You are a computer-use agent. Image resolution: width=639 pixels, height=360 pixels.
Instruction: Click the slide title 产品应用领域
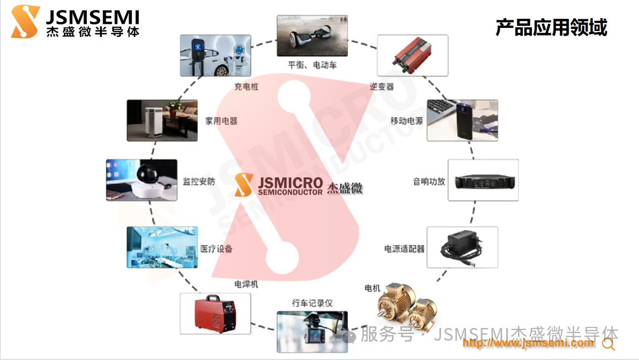pos(551,27)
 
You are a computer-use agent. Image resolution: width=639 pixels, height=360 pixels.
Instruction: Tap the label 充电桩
pos(247,86)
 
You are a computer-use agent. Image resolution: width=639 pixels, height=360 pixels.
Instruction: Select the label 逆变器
pos(382,86)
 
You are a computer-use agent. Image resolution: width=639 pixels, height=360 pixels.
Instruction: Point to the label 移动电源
pos(407,121)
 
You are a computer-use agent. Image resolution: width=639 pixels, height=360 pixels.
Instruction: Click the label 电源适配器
pos(404,249)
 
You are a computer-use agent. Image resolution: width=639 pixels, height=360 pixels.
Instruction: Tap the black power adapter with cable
pos(461,247)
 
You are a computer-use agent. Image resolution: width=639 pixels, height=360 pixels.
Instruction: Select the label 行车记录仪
pos(312,303)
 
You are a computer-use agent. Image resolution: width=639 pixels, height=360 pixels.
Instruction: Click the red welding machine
pos(215,313)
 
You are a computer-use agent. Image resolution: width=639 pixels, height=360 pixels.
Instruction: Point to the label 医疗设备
pos(216,249)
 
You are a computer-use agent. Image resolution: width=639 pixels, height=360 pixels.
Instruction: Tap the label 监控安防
pos(199,181)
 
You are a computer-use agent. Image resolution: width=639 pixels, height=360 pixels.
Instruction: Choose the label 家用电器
pos(221,121)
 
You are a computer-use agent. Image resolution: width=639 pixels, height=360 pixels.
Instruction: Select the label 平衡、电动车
pos(312,65)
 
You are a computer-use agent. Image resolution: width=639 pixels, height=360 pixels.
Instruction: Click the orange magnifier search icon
pos(608,344)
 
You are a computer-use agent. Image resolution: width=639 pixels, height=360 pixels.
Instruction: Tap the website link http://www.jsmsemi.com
pos(528,343)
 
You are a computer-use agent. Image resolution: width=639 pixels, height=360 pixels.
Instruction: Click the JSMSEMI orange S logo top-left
pos(25,21)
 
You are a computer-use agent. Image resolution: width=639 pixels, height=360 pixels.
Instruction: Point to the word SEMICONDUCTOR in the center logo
pos(290,192)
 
